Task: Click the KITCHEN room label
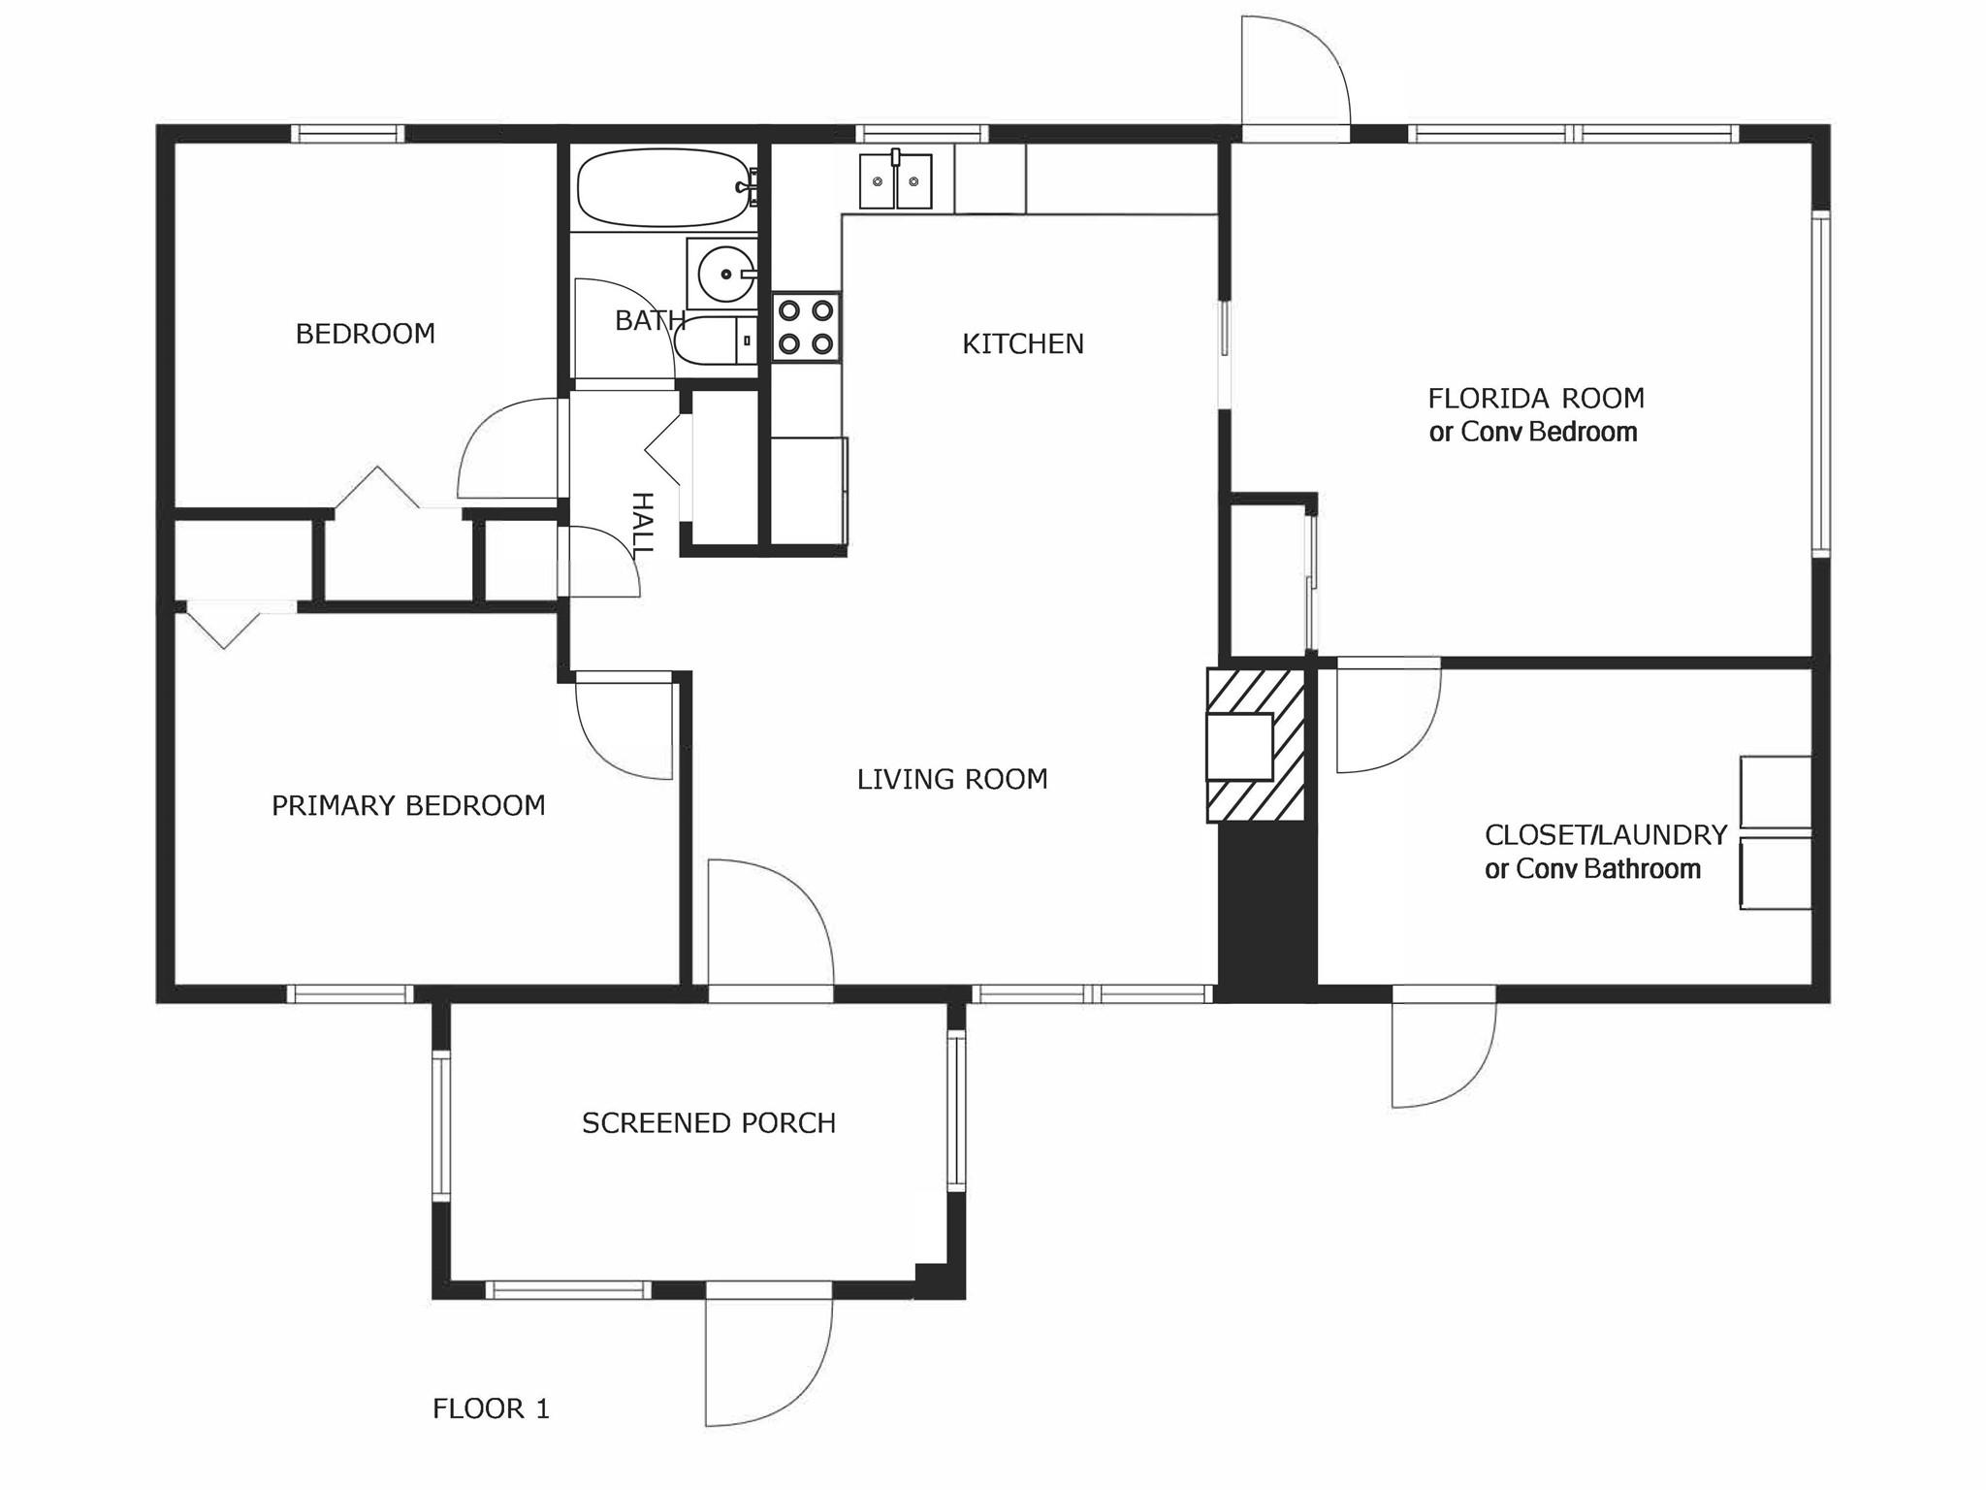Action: (1023, 343)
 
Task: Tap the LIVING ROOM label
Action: (952, 779)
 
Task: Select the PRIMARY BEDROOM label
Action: (408, 805)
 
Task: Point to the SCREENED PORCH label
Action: (709, 1122)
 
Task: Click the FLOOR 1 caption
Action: (492, 1409)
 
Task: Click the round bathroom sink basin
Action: (724, 274)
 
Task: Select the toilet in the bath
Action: (717, 340)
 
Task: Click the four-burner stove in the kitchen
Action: (806, 327)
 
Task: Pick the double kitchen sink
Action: (895, 180)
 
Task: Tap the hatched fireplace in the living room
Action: (1255, 745)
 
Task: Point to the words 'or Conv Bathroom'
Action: (1592, 868)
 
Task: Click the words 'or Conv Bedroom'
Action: (1533, 432)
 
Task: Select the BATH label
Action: (650, 320)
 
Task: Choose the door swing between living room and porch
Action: (771, 922)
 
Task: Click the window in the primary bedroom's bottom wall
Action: (350, 993)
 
